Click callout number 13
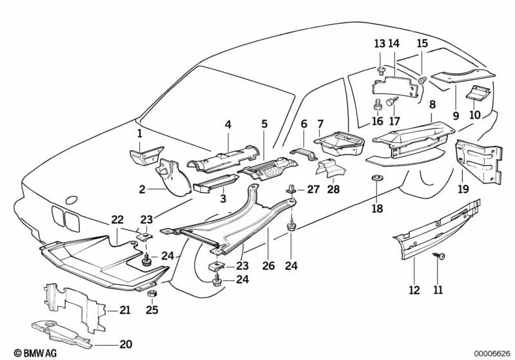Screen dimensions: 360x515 [379, 44]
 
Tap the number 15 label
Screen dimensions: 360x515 [422, 44]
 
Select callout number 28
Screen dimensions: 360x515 [333, 189]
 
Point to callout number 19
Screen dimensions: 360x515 [463, 189]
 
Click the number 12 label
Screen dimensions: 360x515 [413, 289]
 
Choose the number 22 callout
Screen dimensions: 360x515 [117, 220]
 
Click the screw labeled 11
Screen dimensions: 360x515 [437, 257]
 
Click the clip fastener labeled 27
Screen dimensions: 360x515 [291, 190]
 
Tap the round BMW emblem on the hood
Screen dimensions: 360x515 [72, 201]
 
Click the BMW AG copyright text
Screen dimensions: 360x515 [24, 353]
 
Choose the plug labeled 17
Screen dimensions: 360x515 [391, 103]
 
